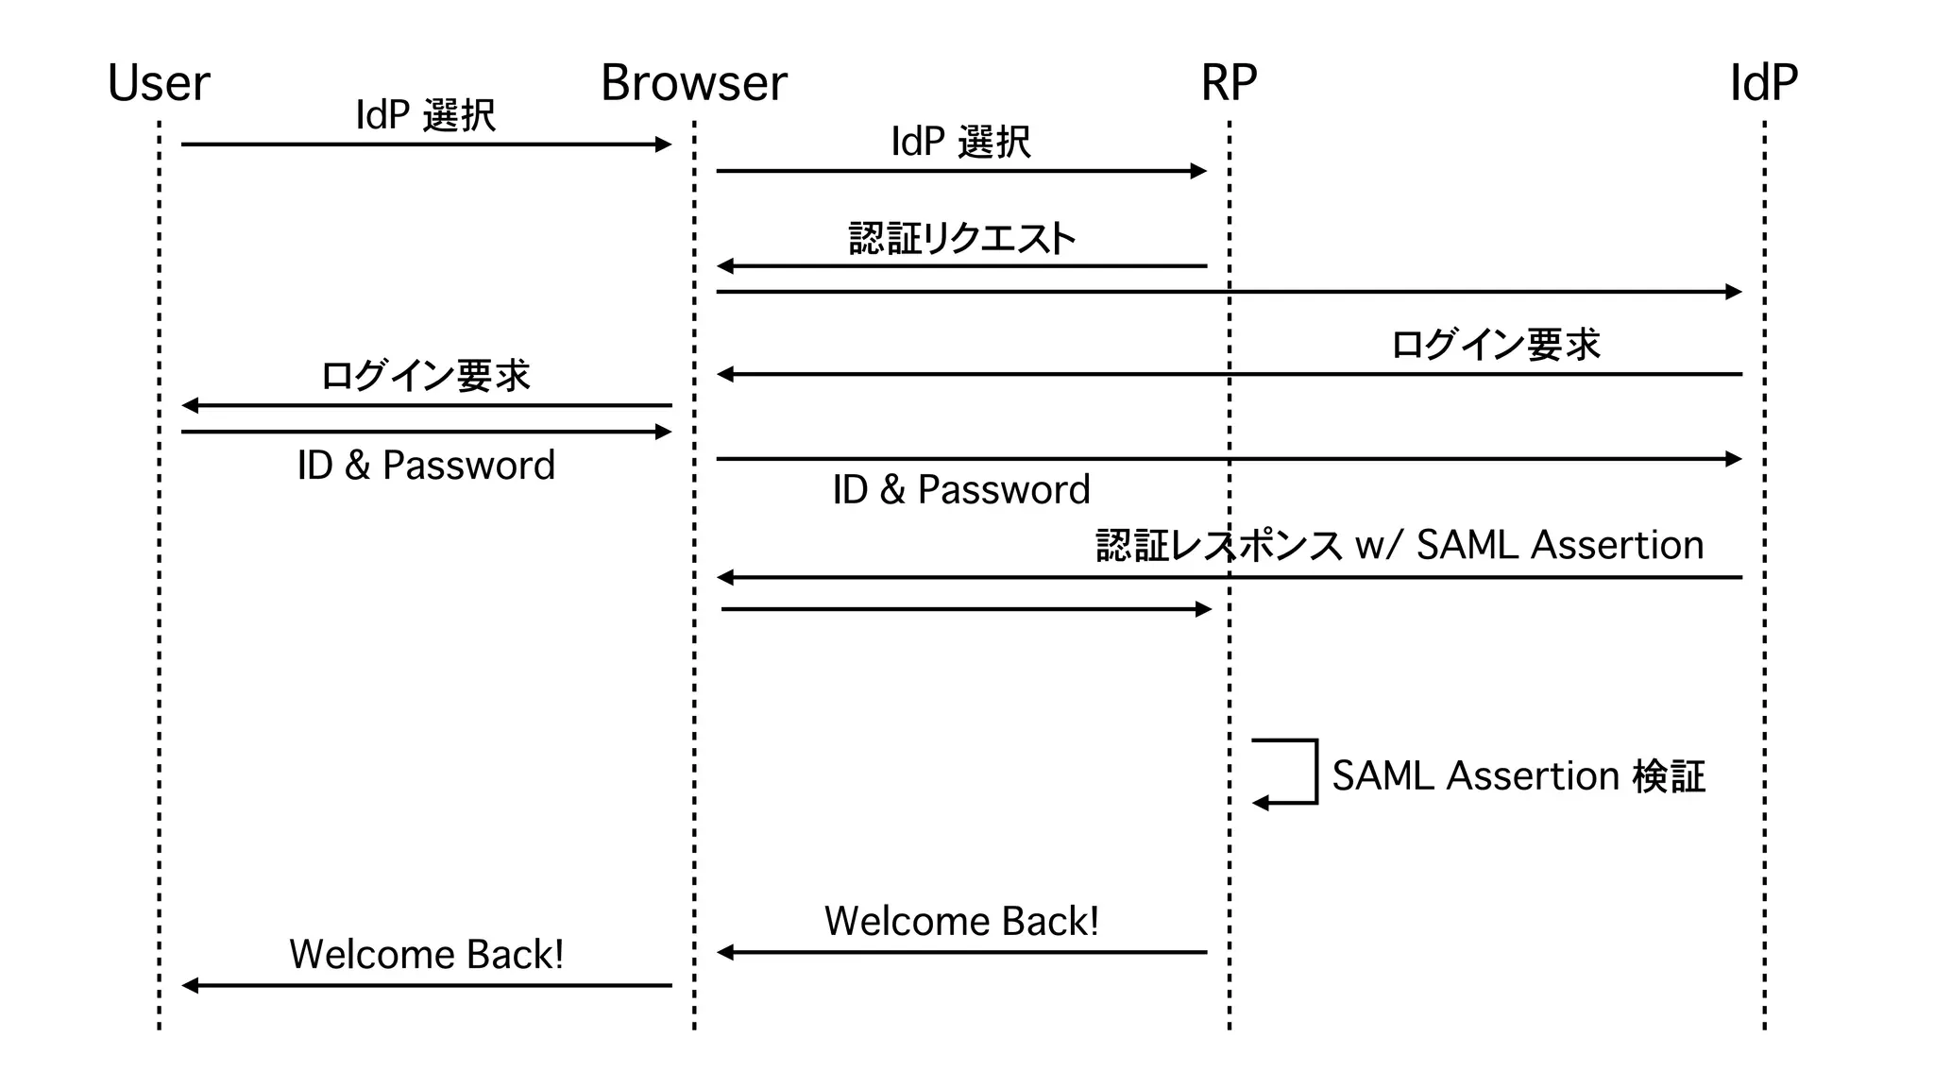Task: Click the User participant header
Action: coord(159,83)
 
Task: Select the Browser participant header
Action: coord(693,83)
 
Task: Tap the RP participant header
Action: coord(1229,83)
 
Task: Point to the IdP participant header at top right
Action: coord(1763,83)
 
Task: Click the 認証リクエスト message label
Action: coord(961,239)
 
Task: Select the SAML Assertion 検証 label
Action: coord(1518,776)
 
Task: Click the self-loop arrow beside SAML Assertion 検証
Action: coord(1294,772)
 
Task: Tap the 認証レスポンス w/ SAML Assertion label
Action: coord(1400,545)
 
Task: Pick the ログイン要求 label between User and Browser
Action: coord(425,376)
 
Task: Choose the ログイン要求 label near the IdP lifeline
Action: coord(1495,345)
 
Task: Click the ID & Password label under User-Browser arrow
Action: coord(426,466)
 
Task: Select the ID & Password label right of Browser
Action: coord(960,490)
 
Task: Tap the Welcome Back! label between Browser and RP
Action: coord(961,921)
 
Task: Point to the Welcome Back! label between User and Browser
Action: coord(426,954)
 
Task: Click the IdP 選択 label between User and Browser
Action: coord(425,115)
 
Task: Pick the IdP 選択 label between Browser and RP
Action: coord(960,142)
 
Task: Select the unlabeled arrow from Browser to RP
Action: coord(963,609)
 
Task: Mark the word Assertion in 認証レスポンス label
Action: coord(1617,545)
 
